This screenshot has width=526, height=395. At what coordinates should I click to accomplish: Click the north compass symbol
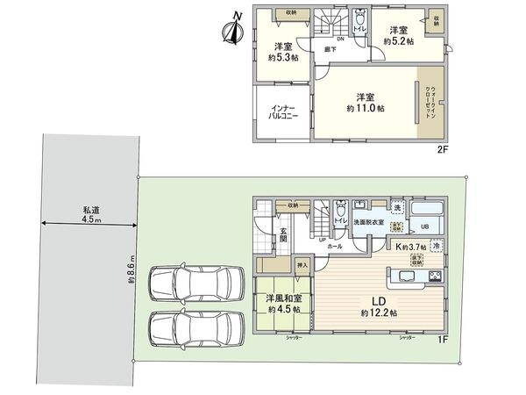click(233, 32)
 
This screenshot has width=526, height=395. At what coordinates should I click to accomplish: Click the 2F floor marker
click(443, 150)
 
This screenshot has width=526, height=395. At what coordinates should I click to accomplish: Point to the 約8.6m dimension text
click(130, 269)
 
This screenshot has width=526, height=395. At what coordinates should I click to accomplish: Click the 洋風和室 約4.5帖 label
click(284, 304)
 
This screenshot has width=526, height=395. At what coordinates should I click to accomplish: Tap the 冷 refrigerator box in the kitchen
click(436, 247)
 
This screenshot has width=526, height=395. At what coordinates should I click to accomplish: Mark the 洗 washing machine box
click(397, 206)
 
